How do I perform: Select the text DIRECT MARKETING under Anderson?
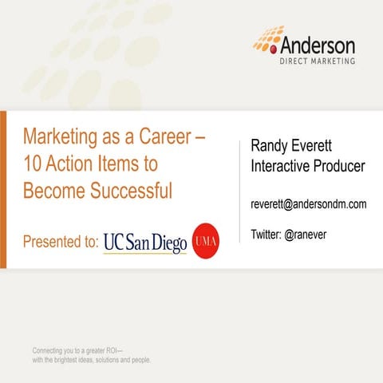coord(317,61)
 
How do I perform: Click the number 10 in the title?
coord(31,164)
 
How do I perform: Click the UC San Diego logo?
coord(145,240)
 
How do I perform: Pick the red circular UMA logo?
coord(207,238)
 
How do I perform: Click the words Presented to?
coord(61,241)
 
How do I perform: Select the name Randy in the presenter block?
coord(272,146)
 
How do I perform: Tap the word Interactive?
coord(282,166)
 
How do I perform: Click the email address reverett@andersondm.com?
coord(309,204)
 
